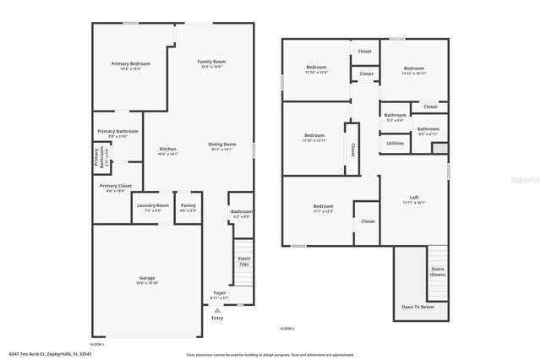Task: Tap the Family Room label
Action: pyautogui.click(x=211, y=62)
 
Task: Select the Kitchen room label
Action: pyautogui.click(x=168, y=150)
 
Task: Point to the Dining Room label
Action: pyautogui.click(x=222, y=145)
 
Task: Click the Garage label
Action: pyautogui.click(x=147, y=277)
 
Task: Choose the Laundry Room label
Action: pyautogui.click(x=151, y=205)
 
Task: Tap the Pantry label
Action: pyautogui.click(x=188, y=205)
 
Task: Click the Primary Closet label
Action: pyautogui.click(x=115, y=185)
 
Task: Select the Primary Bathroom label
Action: pyautogui.click(x=117, y=131)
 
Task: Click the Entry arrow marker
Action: pyautogui.click(x=217, y=310)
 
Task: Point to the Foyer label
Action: pyautogui.click(x=219, y=292)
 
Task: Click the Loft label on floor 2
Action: pyautogui.click(x=414, y=198)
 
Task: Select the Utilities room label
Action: pyautogui.click(x=395, y=143)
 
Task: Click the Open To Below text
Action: pyautogui.click(x=418, y=307)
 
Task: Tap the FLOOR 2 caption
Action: pyautogui.click(x=287, y=328)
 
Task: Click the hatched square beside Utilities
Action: pyautogui.click(x=439, y=147)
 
